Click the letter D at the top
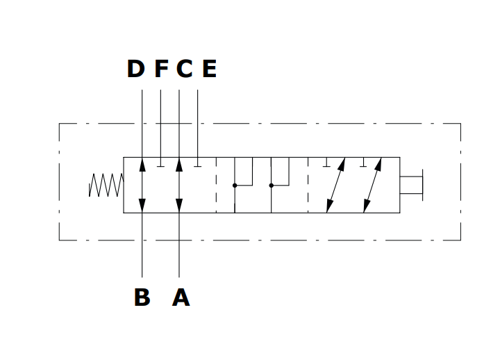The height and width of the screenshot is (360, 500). (135, 69)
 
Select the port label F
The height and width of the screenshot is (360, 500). (161, 69)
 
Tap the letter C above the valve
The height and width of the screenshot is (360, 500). (184, 69)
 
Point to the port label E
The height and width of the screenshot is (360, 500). (209, 69)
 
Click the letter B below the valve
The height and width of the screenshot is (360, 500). (142, 297)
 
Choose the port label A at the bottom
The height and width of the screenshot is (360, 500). (181, 297)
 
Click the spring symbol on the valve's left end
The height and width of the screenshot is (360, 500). (106, 185)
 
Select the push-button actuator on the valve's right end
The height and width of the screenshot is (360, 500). (412, 185)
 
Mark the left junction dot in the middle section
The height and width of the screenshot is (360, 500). (235, 186)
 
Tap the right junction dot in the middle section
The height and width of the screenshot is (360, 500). (271, 186)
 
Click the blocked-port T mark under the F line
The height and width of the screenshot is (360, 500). (160, 165)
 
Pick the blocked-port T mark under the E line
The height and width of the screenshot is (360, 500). (198, 165)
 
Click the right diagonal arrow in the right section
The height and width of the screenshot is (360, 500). (372, 185)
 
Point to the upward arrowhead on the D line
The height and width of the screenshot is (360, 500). (142, 164)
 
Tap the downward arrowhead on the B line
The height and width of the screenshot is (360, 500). (142, 206)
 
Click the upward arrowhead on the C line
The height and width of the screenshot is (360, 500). (179, 164)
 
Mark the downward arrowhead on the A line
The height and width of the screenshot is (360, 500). (179, 206)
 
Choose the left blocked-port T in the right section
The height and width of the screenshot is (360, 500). (326, 165)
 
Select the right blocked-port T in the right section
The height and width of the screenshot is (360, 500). (362, 165)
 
